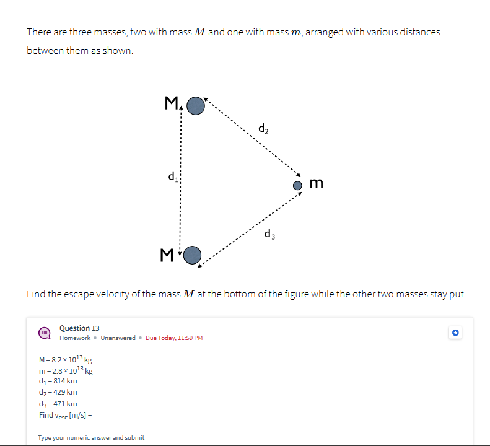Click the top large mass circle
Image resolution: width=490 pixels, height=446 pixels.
pos(196,106)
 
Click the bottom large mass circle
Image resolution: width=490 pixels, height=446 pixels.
pos(193,255)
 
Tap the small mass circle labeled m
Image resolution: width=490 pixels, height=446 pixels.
pos(298,185)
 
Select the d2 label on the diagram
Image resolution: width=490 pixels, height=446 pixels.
pos(263,129)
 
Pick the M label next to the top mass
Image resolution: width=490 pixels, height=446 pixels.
pos(170,103)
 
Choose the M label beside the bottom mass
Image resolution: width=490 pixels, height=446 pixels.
pos(165,254)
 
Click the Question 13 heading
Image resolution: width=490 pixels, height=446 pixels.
pos(79,328)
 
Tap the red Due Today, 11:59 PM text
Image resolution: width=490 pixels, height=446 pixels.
pos(174,338)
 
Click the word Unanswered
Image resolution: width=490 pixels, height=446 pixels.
pos(118,338)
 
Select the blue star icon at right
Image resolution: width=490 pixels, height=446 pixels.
pos(455,333)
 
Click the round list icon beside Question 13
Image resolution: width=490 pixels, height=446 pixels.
pos(45,333)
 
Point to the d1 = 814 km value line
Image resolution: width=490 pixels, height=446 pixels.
pos(58,381)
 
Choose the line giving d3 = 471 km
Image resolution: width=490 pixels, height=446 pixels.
pos(58,404)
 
